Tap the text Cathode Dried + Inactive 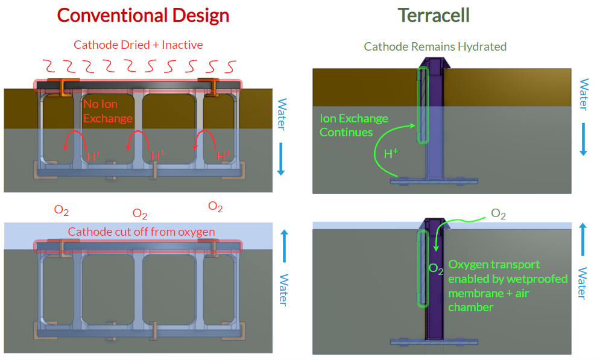[138, 45]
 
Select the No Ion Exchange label [107, 112]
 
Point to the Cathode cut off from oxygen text [141, 232]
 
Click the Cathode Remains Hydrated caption [435, 46]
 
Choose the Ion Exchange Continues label [354, 125]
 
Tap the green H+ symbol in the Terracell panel [391, 154]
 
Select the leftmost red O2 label [61, 210]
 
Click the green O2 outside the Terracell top [499, 213]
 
